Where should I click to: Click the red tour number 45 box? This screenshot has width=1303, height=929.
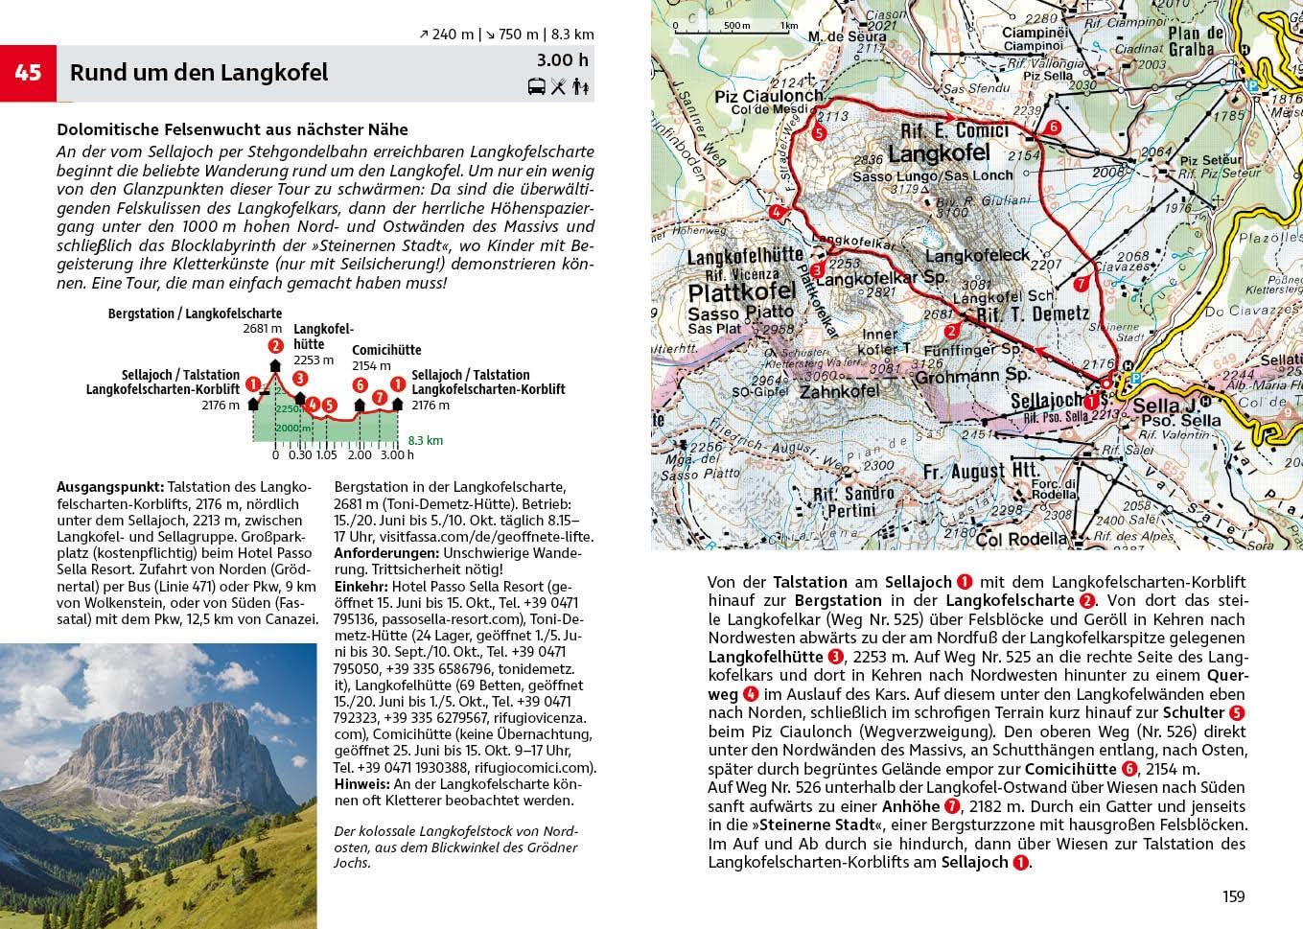click(x=28, y=73)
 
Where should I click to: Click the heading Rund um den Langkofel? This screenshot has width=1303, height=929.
click(x=198, y=73)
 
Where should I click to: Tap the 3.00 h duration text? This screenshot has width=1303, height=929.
click(x=563, y=61)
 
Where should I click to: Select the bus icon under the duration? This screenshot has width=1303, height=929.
click(x=537, y=87)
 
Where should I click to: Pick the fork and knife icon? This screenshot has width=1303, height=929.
click(x=559, y=87)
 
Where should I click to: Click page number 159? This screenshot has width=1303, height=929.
click(x=1233, y=896)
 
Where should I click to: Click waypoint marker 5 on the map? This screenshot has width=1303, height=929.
click(x=818, y=134)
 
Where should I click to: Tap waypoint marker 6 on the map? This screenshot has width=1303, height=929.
click(x=1053, y=128)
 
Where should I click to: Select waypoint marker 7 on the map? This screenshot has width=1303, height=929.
click(x=1081, y=285)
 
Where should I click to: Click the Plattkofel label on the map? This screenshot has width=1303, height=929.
click(x=742, y=291)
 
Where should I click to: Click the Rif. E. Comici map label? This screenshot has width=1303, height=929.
click(x=954, y=131)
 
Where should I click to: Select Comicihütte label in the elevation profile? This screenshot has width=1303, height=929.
click(x=386, y=350)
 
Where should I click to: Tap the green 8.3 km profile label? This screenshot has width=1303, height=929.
click(x=426, y=441)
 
